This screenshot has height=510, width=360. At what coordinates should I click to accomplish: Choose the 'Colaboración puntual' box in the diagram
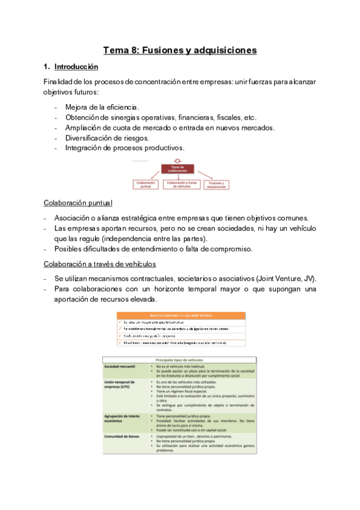point(146,185)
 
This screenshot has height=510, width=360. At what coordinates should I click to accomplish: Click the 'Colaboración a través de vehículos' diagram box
point(180,185)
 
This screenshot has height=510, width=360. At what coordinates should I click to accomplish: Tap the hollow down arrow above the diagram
point(177,161)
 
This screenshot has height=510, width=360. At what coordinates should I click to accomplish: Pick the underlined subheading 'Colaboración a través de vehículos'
point(100,263)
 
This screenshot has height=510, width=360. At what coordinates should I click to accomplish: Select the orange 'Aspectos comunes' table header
point(181,315)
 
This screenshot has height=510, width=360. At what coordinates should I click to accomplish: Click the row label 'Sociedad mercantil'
point(120,366)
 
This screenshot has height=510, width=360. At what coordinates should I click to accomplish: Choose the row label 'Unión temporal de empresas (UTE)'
point(120,384)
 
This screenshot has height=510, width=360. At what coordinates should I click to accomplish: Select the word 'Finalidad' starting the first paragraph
point(58,81)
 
